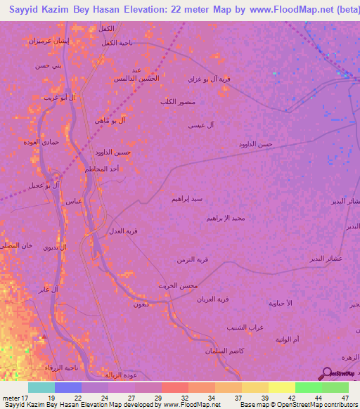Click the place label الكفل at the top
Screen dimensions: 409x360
click(x=106, y=28)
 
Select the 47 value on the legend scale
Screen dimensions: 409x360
click(x=345, y=398)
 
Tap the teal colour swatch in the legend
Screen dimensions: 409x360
click(x=41, y=387)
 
